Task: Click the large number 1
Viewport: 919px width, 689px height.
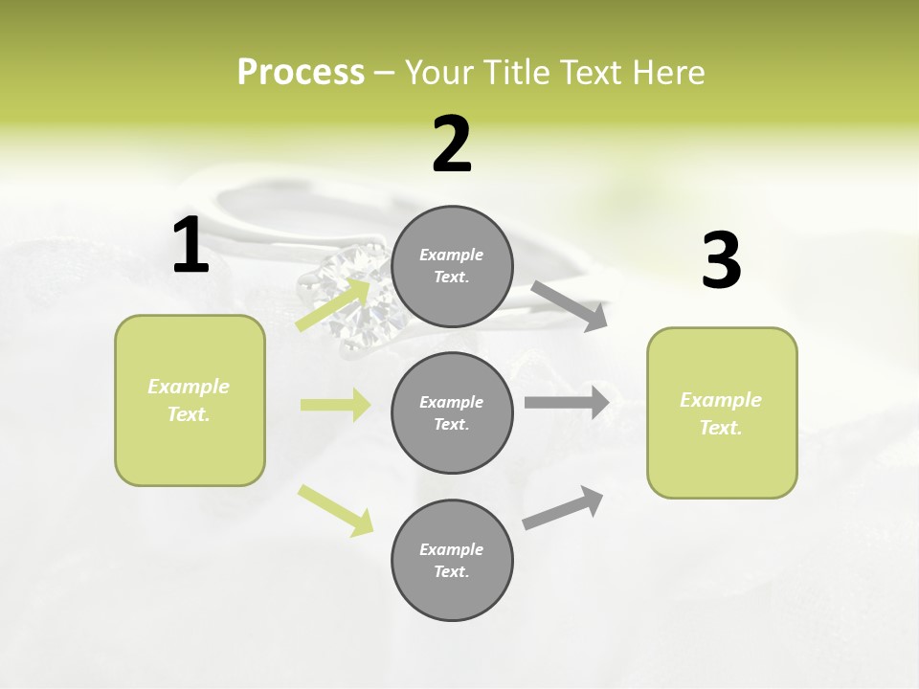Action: (x=191, y=245)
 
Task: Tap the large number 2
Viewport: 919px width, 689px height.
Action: (x=452, y=144)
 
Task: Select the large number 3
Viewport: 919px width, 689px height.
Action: (x=721, y=261)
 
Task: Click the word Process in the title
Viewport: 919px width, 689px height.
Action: (x=301, y=72)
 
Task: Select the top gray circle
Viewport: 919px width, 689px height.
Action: (x=452, y=266)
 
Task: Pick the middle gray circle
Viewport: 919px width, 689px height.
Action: (x=452, y=412)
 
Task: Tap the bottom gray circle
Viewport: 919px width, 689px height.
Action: (x=452, y=560)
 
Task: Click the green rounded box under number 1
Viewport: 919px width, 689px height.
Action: (x=190, y=400)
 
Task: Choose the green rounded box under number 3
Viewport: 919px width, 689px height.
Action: (x=722, y=412)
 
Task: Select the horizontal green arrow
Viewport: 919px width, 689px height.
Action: (x=335, y=405)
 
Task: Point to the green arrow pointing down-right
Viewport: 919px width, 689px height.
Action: (x=335, y=510)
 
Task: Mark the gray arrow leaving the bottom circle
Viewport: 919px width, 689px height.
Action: (x=563, y=508)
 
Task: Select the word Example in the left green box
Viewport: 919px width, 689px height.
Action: (x=189, y=387)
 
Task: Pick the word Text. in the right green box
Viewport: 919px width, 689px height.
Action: (x=721, y=428)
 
